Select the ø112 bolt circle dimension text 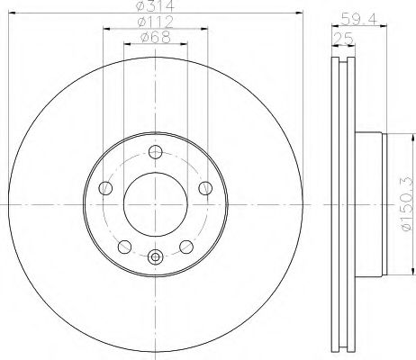(156, 22)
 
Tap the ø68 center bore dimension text (156, 38)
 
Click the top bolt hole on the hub (155, 151)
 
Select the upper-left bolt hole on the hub (105, 187)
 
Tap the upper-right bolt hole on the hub (205, 187)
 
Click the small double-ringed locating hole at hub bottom (155, 258)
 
